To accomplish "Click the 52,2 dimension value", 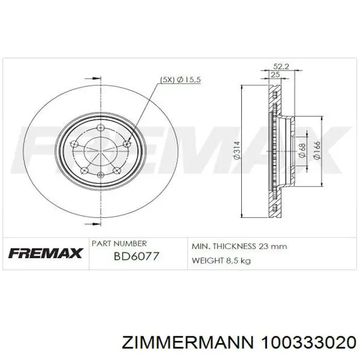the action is pyautogui.click(x=281, y=66).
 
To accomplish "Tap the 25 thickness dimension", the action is pyautogui.click(x=275, y=75).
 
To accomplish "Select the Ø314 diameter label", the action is pyautogui.click(x=237, y=150).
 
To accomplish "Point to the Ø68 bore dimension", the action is pyautogui.click(x=302, y=151).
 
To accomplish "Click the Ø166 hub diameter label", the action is pyautogui.click(x=316, y=150).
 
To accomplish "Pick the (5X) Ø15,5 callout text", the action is pyautogui.click(x=180, y=80).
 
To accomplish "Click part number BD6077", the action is pyautogui.click(x=136, y=256).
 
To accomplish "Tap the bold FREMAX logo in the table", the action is pyautogui.click(x=45, y=253).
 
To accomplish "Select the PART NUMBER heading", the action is pyautogui.click(x=119, y=243).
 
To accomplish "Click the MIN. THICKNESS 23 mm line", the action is pyautogui.click(x=239, y=246).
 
